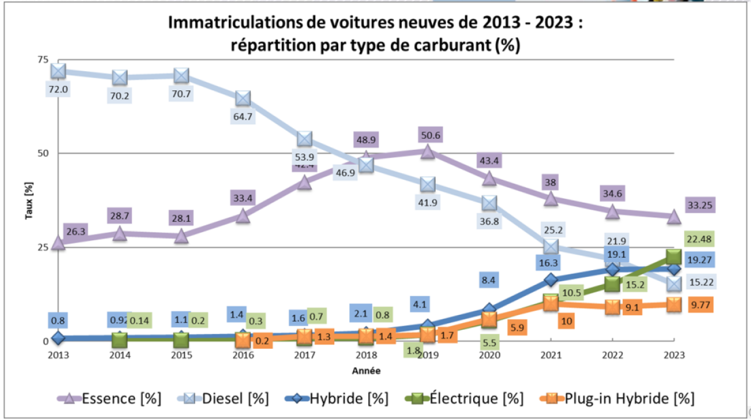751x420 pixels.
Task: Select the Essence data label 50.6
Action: [x=428, y=135]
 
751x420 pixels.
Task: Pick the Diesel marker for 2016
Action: [x=243, y=98]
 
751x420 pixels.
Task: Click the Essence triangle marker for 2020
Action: [x=489, y=179]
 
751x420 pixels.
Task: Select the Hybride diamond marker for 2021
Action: [x=551, y=280]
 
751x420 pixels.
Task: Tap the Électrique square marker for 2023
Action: [x=674, y=257]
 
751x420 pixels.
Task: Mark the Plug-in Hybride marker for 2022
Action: [x=612, y=306]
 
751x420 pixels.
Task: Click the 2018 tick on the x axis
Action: [x=366, y=355]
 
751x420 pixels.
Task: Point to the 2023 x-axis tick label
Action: [x=674, y=355]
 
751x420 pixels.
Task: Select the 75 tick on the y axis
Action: [x=42, y=60]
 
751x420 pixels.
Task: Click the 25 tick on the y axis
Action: [x=42, y=247]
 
